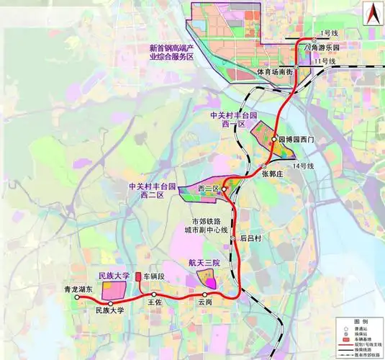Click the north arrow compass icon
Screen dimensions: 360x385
[x=371, y=12]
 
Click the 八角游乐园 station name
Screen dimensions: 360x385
[x=321, y=48]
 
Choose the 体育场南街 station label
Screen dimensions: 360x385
[x=275, y=72]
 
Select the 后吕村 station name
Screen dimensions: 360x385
[x=251, y=238]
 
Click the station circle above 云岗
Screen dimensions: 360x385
[x=206, y=295]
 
